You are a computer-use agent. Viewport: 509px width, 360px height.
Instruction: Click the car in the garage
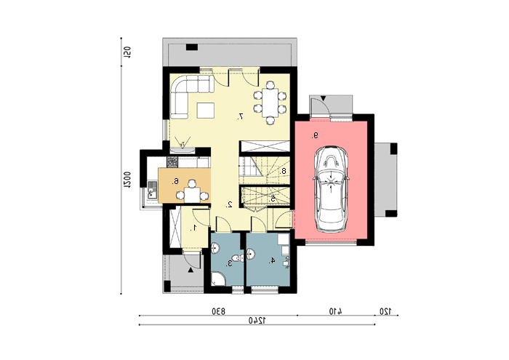(331, 189)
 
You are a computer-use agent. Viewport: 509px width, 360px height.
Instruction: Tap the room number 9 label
(315, 136)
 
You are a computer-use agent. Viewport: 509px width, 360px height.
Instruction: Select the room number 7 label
(240, 116)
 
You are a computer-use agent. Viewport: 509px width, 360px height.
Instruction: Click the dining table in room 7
(270, 103)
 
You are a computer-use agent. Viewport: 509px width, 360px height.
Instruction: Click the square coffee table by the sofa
(206, 111)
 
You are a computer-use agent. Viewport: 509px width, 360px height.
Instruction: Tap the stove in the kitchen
(172, 161)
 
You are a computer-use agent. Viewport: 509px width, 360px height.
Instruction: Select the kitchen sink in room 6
(151, 190)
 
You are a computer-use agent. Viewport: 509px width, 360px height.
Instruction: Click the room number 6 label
(175, 182)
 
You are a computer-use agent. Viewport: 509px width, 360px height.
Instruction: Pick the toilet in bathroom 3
(239, 259)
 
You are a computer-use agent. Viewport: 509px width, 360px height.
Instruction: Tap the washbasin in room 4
(252, 254)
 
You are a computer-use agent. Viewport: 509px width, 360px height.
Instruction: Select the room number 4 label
(272, 260)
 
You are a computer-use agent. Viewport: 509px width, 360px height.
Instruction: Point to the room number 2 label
(229, 204)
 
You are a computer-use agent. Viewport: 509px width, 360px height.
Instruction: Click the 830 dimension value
(218, 311)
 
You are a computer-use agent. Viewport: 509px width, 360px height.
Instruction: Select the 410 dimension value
(336, 311)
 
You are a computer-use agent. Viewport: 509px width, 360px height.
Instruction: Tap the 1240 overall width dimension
(257, 321)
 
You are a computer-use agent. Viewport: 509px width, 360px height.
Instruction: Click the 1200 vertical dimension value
(127, 180)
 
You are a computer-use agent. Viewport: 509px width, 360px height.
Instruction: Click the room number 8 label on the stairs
(283, 171)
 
